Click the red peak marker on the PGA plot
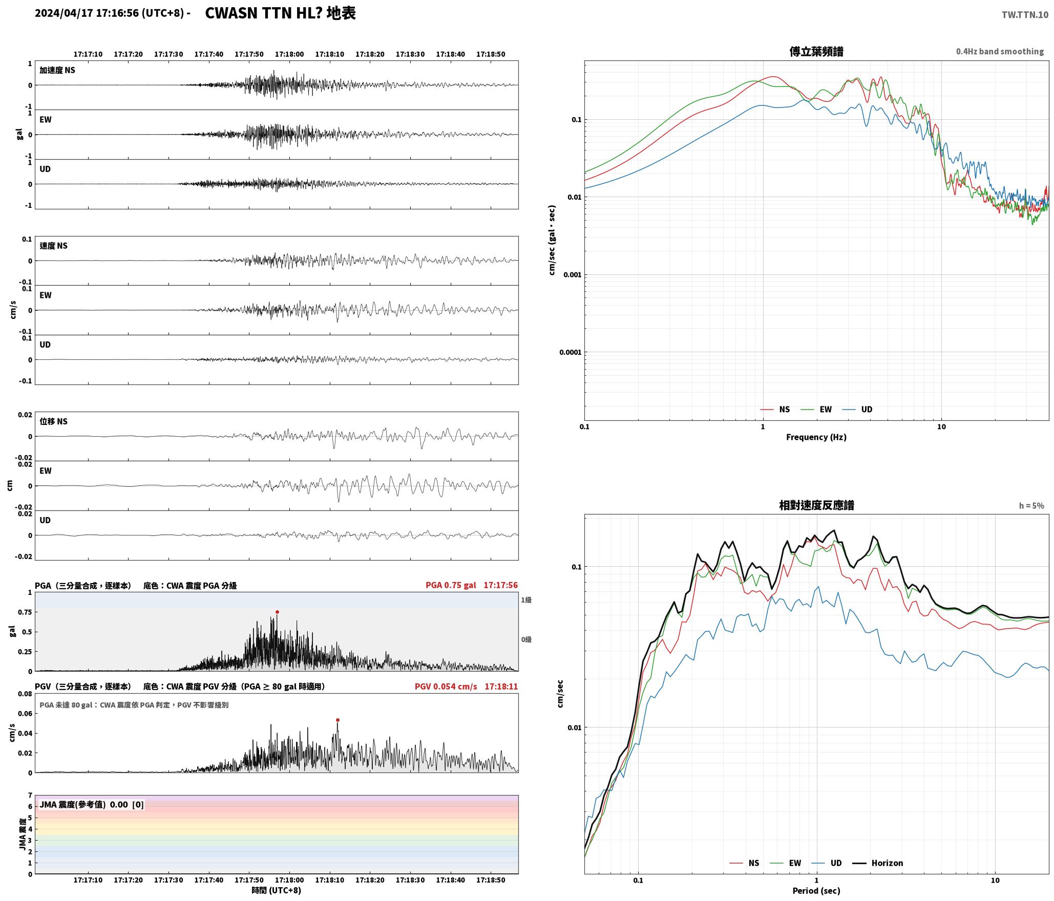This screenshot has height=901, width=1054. click(x=277, y=612)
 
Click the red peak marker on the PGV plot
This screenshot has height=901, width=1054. click(x=338, y=720)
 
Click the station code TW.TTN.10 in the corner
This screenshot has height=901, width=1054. click(x=1025, y=15)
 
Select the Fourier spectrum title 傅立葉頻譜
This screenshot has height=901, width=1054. click(x=816, y=52)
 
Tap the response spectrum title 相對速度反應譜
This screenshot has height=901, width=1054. click(x=816, y=505)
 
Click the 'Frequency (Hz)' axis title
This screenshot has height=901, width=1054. click(x=816, y=437)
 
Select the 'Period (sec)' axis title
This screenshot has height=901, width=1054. click(x=816, y=891)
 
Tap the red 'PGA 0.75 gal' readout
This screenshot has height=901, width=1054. click(x=451, y=585)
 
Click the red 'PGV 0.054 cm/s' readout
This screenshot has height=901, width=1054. click(x=446, y=687)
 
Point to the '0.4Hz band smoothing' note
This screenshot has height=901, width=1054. click(x=1000, y=52)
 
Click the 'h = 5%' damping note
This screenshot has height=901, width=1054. click(x=1031, y=506)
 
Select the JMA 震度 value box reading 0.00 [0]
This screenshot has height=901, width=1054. click(x=92, y=804)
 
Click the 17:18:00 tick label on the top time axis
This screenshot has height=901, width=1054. click(x=289, y=54)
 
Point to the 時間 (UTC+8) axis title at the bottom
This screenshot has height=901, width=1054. click(x=276, y=890)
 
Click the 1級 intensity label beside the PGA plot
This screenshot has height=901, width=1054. click(x=526, y=600)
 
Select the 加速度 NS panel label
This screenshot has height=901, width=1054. click(x=57, y=70)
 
